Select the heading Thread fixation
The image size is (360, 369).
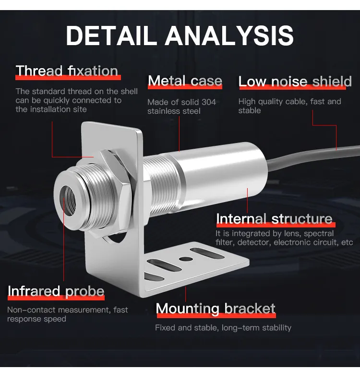[x=67, y=71]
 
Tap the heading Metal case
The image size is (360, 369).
[x=185, y=81]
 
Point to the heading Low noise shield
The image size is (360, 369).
[x=295, y=82]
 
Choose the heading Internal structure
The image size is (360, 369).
[x=274, y=219]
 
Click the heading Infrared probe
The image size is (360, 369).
[x=56, y=291]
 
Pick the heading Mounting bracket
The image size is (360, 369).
[x=216, y=308]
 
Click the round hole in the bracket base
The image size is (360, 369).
[x=186, y=259]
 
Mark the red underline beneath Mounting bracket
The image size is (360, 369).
[x=216, y=316]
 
